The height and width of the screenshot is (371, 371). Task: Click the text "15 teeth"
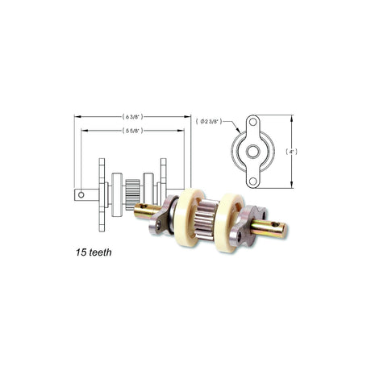tap(90, 252)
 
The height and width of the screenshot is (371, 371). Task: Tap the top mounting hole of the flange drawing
tap(252, 122)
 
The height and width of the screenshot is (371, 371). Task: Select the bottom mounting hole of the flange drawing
tap(252, 181)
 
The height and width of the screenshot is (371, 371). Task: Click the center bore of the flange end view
tap(252, 152)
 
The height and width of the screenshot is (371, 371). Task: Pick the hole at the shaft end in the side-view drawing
tap(81, 194)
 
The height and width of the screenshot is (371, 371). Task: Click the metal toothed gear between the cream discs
tap(206, 219)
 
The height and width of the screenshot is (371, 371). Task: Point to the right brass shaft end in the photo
tap(269, 229)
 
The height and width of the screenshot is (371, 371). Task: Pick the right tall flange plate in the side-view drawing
tap(163, 194)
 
